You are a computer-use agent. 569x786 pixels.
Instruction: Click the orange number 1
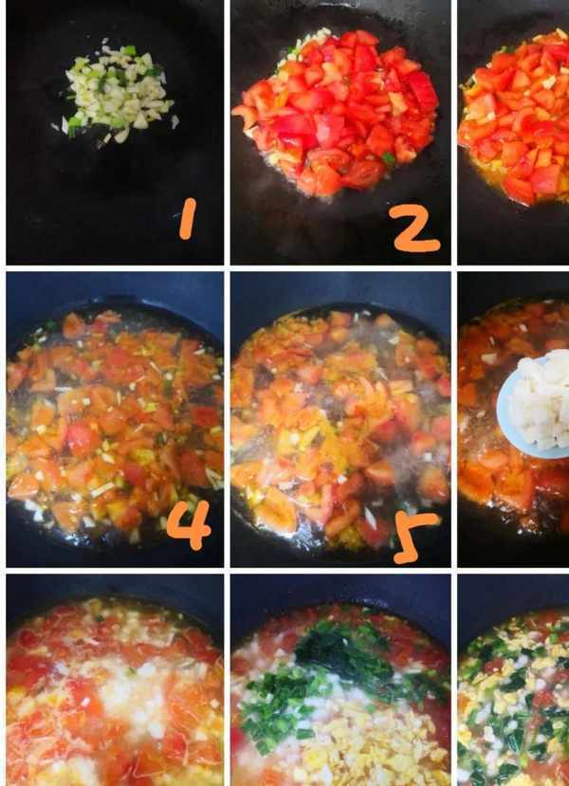[188, 219]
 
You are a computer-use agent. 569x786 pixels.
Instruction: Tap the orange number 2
[414, 228]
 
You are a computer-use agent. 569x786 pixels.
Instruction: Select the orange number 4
[189, 525]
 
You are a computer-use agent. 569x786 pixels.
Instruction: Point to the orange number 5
[414, 537]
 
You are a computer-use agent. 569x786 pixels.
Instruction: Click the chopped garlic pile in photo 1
[117, 93]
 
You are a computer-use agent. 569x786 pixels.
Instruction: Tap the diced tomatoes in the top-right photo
[516, 116]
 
